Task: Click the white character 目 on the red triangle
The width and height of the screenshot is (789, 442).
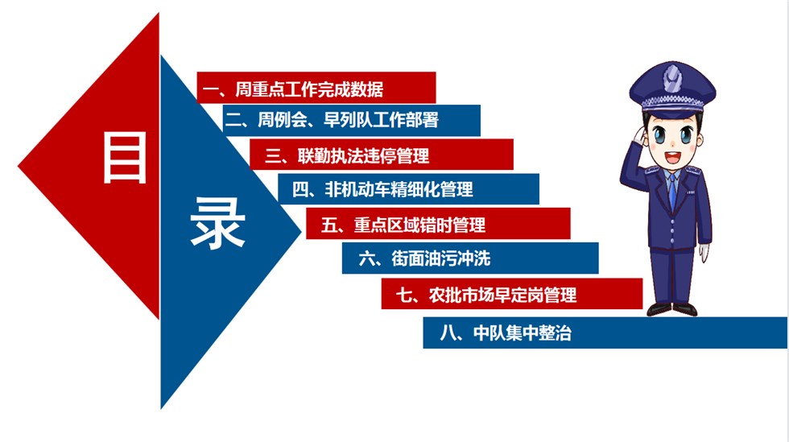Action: (124, 157)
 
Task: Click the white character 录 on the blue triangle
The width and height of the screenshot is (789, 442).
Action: (218, 223)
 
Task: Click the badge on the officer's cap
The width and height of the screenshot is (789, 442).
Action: (672, 79)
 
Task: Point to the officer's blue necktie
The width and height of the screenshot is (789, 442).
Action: (672, 192)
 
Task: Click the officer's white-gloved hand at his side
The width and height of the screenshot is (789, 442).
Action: (704, 253)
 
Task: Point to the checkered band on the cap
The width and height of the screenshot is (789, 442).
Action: (672, 103)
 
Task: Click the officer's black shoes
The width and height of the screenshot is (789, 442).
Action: (671, 309)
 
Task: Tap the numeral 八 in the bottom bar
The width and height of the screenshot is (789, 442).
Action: (448, 333)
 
